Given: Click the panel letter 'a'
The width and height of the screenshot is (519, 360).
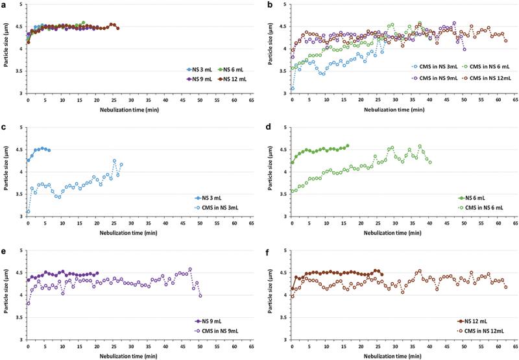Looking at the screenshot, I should coord(4,6).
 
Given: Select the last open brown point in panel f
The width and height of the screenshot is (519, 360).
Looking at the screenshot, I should coord(505,287).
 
